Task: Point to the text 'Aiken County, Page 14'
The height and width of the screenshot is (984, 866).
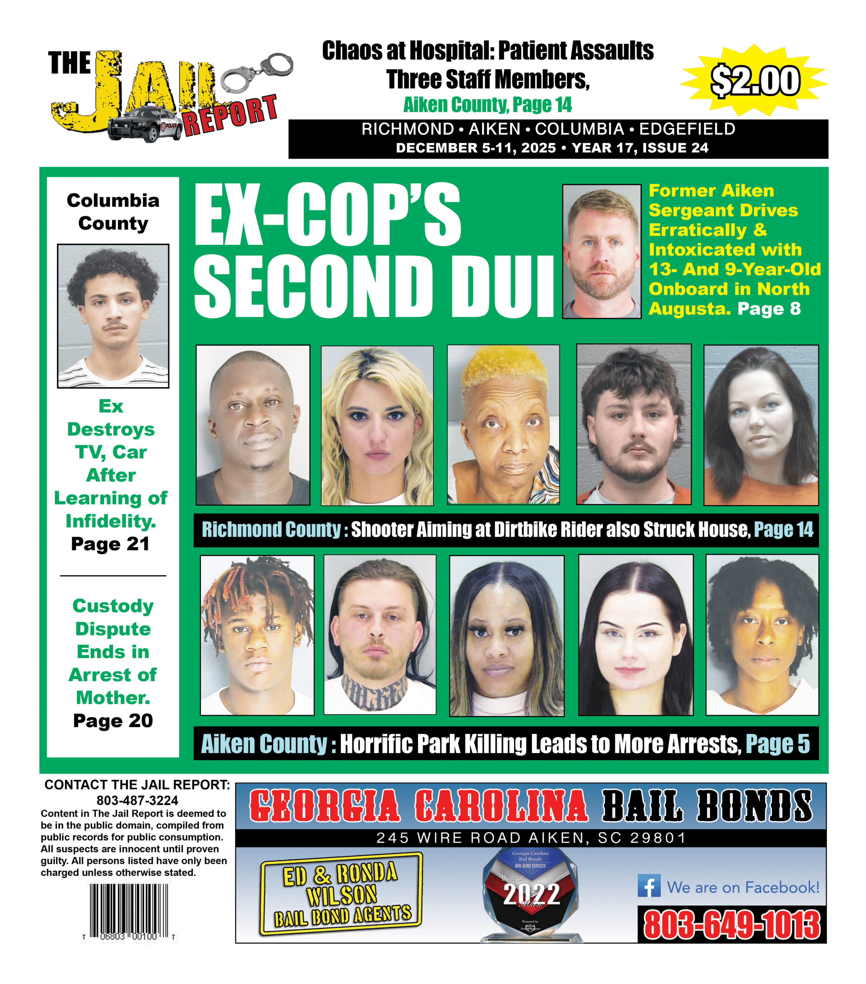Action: (x=487, y=105)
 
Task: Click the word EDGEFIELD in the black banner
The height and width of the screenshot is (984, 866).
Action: (x=687, y=129)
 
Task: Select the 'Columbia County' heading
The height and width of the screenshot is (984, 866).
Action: (x=113, y=212)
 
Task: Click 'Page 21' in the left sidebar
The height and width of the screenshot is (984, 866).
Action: (x=110, y=544)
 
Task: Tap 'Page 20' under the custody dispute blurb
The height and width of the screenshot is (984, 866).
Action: (x=113, y=721)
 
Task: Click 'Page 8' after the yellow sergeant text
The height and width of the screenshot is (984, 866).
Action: (x=769, y=309)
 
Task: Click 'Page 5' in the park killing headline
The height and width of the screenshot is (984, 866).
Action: (x=778, y=744)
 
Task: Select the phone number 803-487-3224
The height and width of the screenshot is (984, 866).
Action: (x=137, y=801)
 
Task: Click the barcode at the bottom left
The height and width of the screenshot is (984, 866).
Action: (x=129, y=911)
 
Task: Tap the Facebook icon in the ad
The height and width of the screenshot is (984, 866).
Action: (x=649, y=886)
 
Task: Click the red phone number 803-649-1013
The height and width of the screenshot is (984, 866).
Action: (x=732, y=925)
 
